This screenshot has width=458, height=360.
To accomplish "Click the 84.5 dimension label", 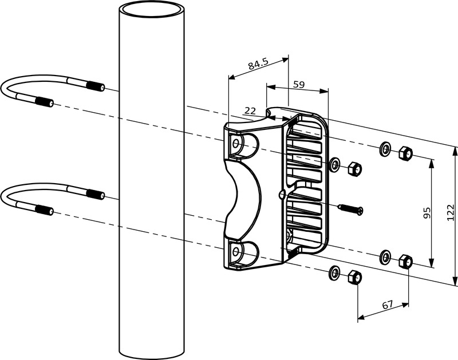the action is [258, 64].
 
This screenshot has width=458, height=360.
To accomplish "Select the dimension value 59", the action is [299, 85].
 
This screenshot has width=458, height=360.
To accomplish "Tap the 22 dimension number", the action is [250, 111].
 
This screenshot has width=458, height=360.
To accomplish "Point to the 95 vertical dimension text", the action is [427, 213].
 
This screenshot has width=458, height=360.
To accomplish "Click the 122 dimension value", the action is [451, 212].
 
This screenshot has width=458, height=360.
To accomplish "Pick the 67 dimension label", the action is [388, 305].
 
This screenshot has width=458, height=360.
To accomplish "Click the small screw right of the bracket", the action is [350, 209].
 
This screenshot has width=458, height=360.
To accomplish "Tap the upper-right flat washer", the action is [385, 149].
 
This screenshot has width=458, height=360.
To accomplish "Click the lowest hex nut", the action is [355, 276].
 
